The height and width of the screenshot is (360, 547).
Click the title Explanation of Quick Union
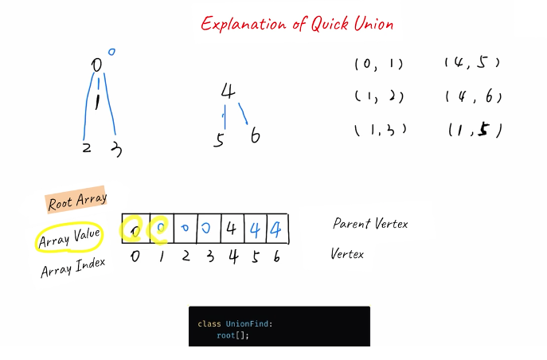pyautogui.click(x=297, y=24)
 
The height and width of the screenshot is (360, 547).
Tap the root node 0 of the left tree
pyautogui.click(x=96, y=65)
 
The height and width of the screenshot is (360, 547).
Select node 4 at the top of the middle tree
pyautogui.click(x=229, y=92)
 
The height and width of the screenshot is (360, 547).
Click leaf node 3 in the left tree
pyautogui.click(x=116, y=148)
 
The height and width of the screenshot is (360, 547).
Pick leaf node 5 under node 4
pyautogui.click(x=219, y=141)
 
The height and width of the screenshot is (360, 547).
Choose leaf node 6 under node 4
pyautogui.click(x=254, y=136)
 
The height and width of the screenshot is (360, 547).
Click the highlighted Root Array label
pyautogui.click(x=76, y=201)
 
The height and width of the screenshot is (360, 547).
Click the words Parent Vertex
pyautogui.click(x=370, y=224)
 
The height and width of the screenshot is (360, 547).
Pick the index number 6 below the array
pyautogui.click(x=276, y=256)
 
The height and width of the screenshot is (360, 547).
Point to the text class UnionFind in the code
pyautogui.click(x=235, y=323)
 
